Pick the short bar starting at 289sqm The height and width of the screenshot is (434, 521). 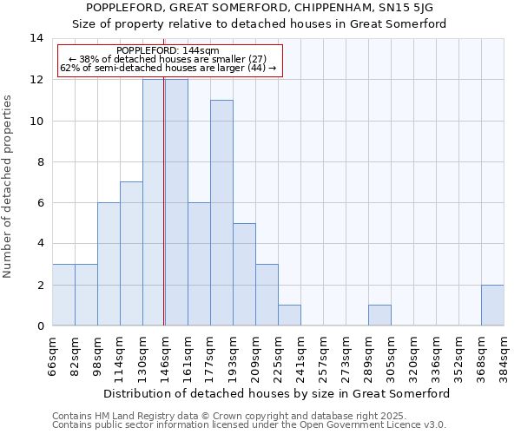tap(379, 315)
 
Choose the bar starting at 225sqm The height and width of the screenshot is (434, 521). tap(289, 315)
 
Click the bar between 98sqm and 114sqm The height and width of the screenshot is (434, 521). tap(109, 264)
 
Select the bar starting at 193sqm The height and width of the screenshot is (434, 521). tap(244, 274)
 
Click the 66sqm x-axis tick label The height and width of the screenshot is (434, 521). tap(53, 356)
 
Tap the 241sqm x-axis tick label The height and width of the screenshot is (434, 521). tap(300, 356)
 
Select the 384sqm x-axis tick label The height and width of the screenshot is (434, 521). tap(504, 356)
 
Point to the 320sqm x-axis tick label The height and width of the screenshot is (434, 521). tap(413, 356)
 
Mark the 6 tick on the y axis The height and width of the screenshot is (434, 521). tap(40, 202)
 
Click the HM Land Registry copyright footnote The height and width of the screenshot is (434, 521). tap(212, 416)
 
